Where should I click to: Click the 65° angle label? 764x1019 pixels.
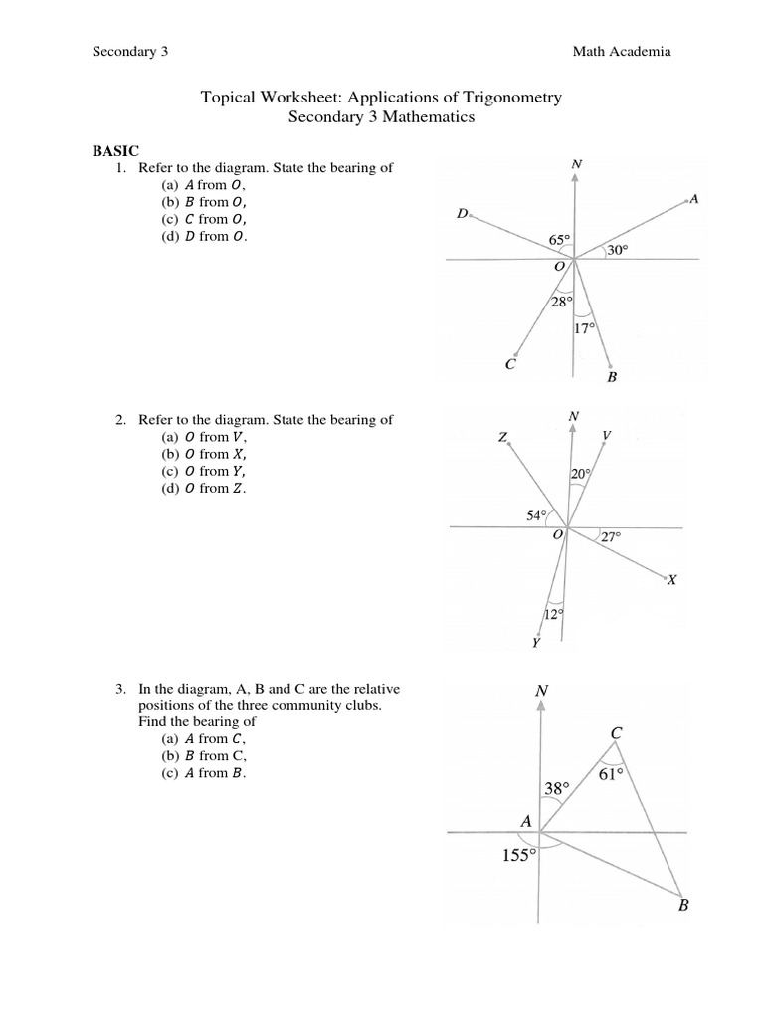(560, 240)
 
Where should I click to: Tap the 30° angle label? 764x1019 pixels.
(618, 251)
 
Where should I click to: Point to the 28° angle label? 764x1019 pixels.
(562, 302)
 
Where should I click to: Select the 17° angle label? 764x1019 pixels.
(585, 328)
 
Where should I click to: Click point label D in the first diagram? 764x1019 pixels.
(462, 214)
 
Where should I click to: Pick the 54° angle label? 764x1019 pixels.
(536, 515)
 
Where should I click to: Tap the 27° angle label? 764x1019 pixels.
(610, 536)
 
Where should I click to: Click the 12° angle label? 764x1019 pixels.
(554, 613)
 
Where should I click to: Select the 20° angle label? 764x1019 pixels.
(581, 475)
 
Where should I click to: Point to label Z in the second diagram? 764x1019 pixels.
(503, 437)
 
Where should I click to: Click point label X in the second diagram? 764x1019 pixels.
(671, 580)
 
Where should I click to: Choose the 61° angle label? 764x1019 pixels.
(611, 774)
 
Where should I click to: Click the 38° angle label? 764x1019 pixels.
(557, 789)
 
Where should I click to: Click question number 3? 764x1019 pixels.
(120, 688)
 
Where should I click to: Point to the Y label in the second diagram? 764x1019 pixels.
(536, 644)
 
